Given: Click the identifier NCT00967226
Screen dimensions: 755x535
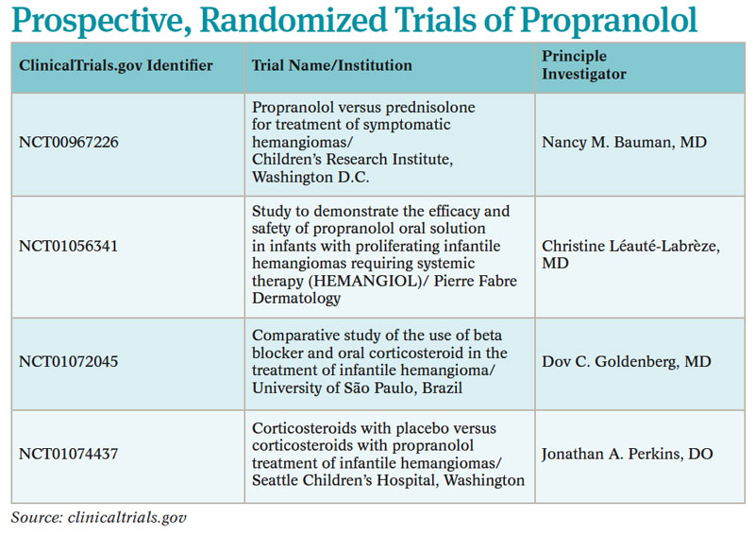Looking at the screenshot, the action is [x=68, y=143].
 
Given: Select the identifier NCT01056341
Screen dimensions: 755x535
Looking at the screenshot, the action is [x=68, y=246].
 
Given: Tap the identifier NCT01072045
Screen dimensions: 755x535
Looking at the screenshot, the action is [x=68, y=361].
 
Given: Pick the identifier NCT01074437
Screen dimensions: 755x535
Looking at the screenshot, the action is [x=68, y=454].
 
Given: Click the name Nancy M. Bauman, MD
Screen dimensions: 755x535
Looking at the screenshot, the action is [x=624, y=143].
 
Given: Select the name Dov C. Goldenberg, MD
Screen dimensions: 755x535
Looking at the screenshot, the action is [x=626, y=361].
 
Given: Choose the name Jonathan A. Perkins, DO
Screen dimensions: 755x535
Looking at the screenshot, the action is [x=627, y=454].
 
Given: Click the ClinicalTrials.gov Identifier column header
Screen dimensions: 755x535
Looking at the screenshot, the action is [x=115, y=65].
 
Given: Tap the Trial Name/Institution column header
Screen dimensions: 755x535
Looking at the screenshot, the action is [x=332, y=65].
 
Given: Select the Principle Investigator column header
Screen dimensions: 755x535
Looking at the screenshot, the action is [x=584, y=65].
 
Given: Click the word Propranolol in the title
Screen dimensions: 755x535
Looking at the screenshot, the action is [x=609, y=20].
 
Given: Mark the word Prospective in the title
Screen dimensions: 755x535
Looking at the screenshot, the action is [x=101, y=21].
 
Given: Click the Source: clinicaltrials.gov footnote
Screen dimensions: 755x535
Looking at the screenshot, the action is [x=99, y=518].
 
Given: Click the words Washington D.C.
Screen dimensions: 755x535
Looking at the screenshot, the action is [x=310, y=177].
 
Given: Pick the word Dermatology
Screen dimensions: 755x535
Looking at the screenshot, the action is [x=296, y=298].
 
